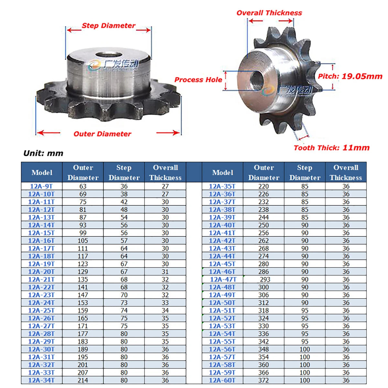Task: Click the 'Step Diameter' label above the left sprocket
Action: [109, 26]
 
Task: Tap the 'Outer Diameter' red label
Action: [102, 134]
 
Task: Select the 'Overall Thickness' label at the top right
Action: [269, 13]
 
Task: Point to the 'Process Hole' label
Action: [198, 80]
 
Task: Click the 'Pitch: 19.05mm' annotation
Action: [350, 76]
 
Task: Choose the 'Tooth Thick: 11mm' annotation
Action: [332, 148]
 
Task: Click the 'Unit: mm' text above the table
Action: [43, 154]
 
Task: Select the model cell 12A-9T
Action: [41, 186]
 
